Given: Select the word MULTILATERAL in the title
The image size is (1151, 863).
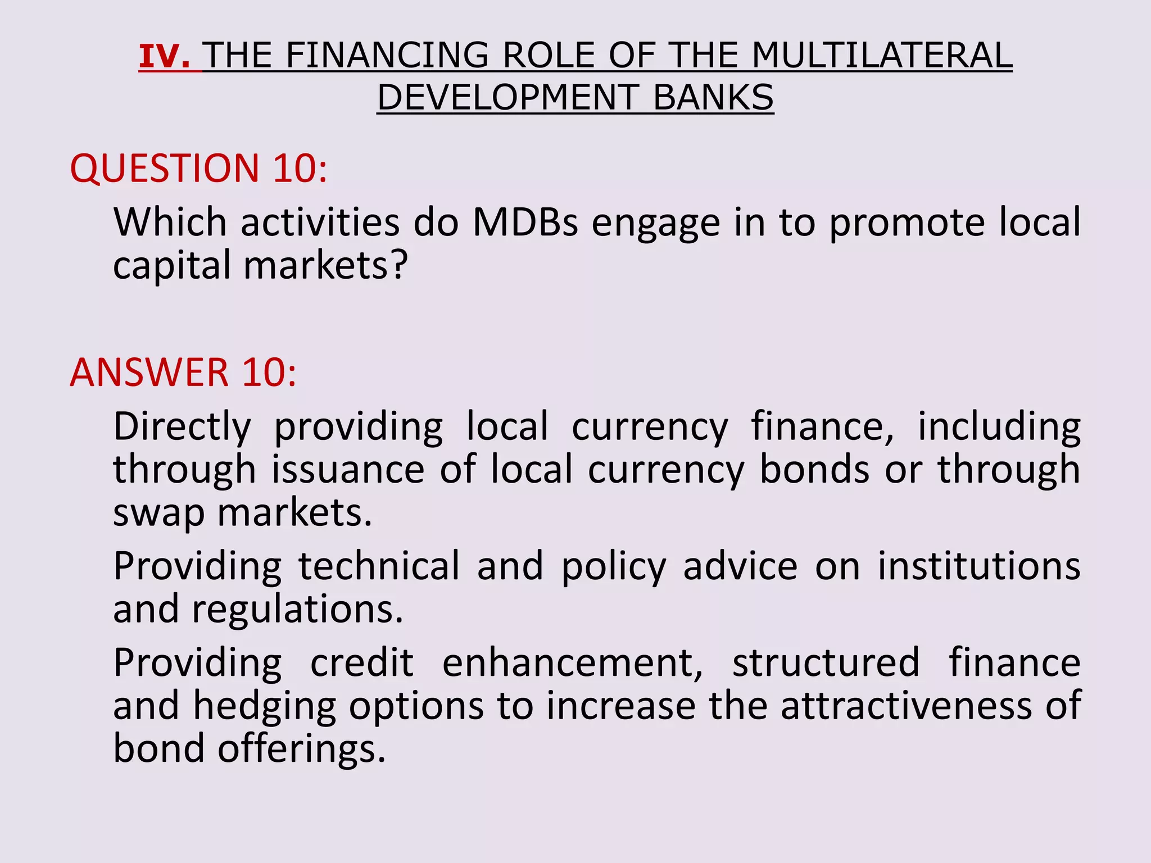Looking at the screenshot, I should pyautogui.click(x=882, y=56).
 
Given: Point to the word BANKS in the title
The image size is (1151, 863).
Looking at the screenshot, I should pyautogui.click(x=713, y=98).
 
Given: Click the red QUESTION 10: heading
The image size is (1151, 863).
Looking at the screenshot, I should pyautogui.click(x=198, y=168).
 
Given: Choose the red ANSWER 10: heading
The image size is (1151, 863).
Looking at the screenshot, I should pyautogui.click(x=183, y=373).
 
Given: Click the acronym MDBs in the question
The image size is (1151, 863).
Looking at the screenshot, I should pyautogui.click(x=525, y=222).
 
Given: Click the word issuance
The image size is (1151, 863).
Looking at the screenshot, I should pyautogui.click(x=348, y=470).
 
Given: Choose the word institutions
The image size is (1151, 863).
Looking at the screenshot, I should pyautogui.click(x=978, y=566).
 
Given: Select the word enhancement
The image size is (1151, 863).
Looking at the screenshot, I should pyautogui.click(x=572, y=663).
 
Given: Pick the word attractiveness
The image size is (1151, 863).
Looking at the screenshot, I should pyautogui.click(x=906, y=706).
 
